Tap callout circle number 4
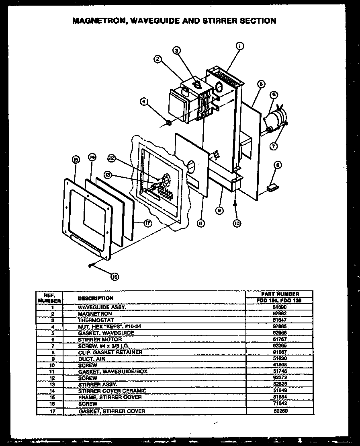click(x=144, y=102)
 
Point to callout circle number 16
click(x=115, y=277)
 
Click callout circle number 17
click(x=148, y=223)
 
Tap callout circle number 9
click(x=219, y=210)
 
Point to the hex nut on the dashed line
click(x=169, y=122)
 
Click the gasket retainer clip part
click(x=272, y=187)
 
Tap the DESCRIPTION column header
click(x=95, y=298)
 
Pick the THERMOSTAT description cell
click(x=96, y=320)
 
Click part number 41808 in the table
click(x=279, y=365)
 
